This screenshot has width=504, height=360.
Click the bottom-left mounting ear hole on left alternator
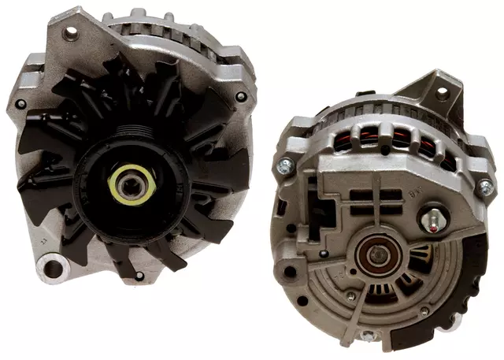tap(53, 269)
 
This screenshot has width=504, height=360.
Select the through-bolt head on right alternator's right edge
tap(486, 187)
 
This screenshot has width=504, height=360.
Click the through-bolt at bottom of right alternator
tap(367, 336)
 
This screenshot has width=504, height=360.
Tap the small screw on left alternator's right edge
tap(239, 98)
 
